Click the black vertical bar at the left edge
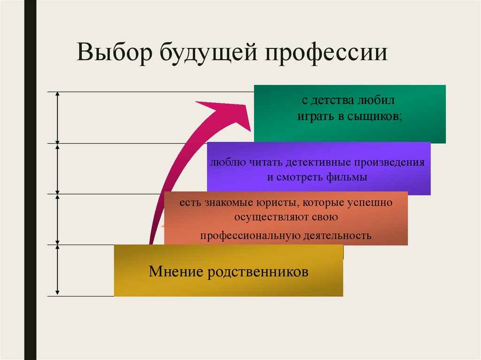[31, 180]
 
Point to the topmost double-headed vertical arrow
[57, 117]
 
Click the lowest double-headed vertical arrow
[57, 270]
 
